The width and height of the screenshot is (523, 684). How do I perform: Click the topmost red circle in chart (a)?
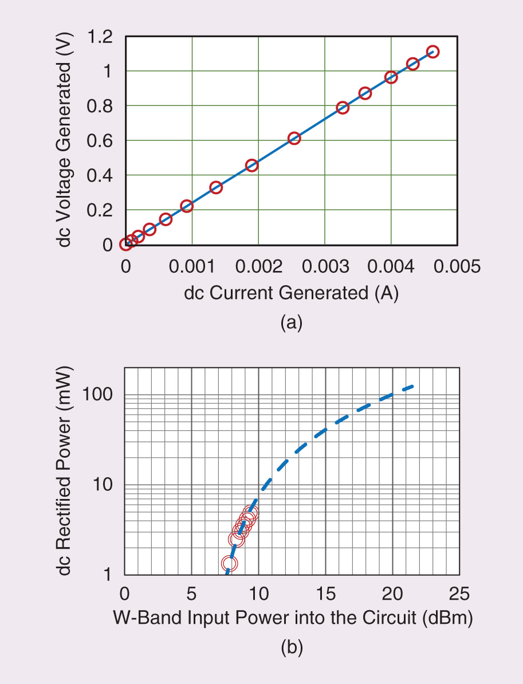click(432, 52)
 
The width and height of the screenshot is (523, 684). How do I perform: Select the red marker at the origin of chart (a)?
click(125, 245)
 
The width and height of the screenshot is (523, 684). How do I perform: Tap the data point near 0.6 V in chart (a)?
click(294, 138)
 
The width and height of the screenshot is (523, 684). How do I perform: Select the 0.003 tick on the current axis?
click(325, 266)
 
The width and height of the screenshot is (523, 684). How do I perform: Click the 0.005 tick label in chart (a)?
click(457, 266)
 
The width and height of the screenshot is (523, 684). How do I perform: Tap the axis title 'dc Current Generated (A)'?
click(291, 293)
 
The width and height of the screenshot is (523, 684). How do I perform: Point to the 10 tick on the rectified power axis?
click(105, 485)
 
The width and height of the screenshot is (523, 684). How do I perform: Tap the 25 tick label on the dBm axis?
click(459, 592)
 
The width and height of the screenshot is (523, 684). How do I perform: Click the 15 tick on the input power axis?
click(325, 592)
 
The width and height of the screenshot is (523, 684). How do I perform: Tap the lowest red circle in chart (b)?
click(229, 564)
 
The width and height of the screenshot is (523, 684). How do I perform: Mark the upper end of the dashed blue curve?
click(412, 387)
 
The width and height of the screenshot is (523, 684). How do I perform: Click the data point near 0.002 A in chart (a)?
click(251, 166)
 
